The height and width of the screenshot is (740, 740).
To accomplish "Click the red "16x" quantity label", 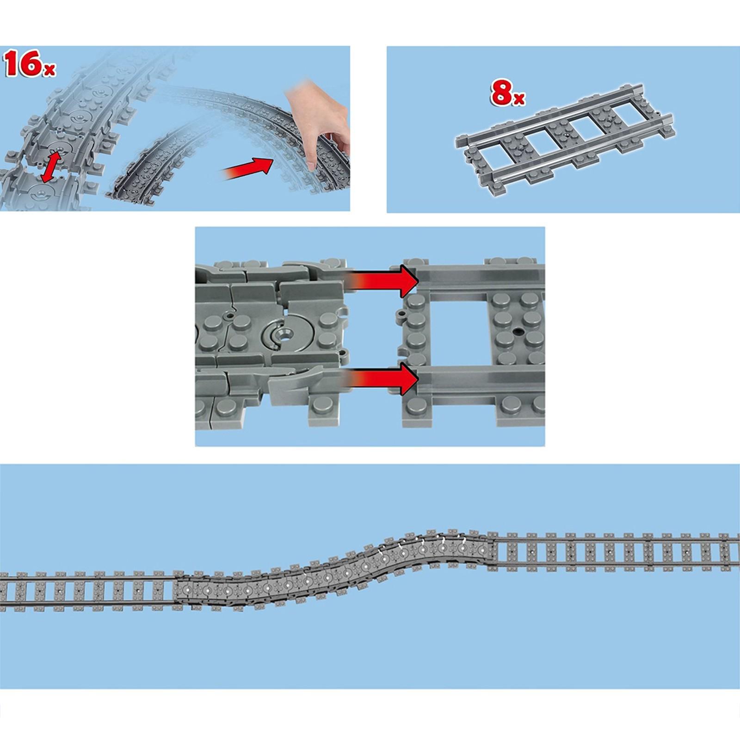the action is pos(30,64).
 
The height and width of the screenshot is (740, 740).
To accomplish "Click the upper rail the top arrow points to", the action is pos(481,279).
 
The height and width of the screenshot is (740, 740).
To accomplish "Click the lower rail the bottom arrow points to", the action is pos(481,379).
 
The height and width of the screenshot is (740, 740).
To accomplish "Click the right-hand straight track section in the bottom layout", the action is pos(615,552).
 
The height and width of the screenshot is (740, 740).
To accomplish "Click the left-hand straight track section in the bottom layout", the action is pos(88,591).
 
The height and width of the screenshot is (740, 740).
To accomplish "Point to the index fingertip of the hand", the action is pos(311,166).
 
